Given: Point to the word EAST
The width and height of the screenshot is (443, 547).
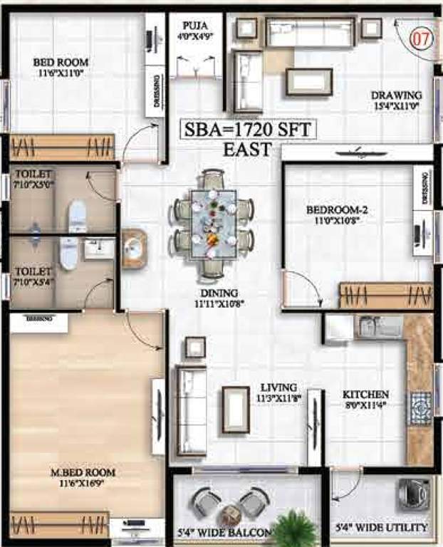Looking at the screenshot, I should pyautogui.click(x=247, y=150).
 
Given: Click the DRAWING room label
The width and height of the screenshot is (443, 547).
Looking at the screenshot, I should pyautogui.click(x=396, y=95).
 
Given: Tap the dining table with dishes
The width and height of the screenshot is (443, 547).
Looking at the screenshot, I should pyautogui.click(x=214, y=224).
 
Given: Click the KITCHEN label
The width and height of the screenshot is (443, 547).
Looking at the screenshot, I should pyautogui.click(x=365, y=394).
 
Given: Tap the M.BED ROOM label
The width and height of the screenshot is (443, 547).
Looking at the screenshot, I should pyautogui.click(x=83, y=472).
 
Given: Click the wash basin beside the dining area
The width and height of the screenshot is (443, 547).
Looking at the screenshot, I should pyautogui.click(x=134, y=248).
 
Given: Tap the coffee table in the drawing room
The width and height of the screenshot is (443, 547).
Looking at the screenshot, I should pyautogui.click(x=309, y=81).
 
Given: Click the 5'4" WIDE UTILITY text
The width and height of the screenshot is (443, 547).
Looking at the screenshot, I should pyautogui.click(x=382, y=528).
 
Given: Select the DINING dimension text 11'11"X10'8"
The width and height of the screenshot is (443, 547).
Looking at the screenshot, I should pyautogui.click(x=219, y=304).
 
